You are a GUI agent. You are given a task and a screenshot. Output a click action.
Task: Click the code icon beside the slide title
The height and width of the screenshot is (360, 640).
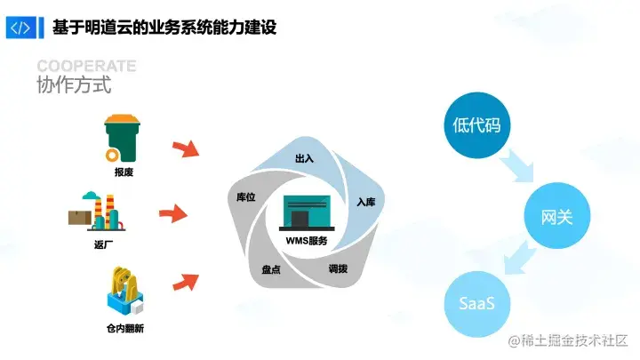[20, 28]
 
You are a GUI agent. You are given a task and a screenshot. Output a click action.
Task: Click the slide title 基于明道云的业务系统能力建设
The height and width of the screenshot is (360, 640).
[164, 28]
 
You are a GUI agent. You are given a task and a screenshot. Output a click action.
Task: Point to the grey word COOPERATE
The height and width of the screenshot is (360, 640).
[86, 67]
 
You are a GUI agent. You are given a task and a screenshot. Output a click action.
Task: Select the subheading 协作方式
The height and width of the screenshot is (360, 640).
[74, 86]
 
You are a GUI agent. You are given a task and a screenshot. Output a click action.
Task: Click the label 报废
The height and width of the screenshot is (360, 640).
[124, 172]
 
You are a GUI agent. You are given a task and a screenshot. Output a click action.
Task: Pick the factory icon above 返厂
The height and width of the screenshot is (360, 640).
[98, 212]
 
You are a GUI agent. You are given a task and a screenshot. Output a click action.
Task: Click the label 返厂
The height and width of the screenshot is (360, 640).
[104, 245]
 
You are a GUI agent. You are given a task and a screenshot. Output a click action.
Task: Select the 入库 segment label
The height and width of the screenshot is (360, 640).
[365, 203]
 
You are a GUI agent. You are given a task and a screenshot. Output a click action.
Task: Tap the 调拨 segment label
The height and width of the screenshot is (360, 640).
[338, 268]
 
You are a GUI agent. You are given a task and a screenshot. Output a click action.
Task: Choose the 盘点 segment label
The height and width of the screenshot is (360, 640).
[271, 269]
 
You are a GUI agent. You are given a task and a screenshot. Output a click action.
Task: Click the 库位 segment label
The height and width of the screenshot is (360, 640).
[246, 197]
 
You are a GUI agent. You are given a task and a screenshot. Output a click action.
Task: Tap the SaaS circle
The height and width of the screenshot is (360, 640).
[476, 304]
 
